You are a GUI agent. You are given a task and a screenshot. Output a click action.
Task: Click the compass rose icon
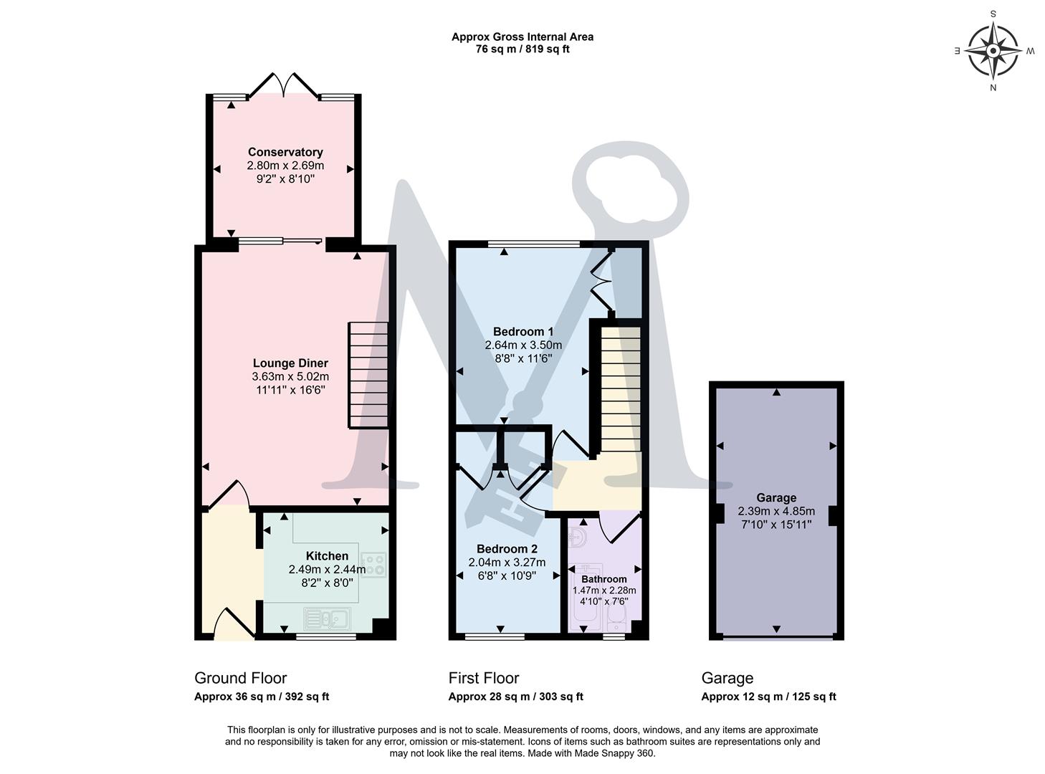[x=993, y=51]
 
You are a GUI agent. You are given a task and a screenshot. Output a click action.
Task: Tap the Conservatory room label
[x=285, y=152]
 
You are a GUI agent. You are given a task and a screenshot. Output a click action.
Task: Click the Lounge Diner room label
[x=290, y=363]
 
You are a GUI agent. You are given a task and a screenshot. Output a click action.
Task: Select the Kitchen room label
[x=327, y=556]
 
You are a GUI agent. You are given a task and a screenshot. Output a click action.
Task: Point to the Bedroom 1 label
[x=523, y=332]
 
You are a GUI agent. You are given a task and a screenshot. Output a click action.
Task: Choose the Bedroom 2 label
[x=507, y=549]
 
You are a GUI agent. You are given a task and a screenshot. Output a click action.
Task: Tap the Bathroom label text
[x=603, y=579]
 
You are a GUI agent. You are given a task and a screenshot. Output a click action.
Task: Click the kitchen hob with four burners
[x=373, y=565]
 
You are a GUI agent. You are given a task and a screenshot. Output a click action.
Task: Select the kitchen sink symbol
[x=326, y=618]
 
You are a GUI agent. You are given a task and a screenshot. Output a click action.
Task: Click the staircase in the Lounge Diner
[x=368, y=375]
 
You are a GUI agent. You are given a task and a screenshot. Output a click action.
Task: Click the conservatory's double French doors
[x=284, y=85]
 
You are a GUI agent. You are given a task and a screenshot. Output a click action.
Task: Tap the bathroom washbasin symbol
[x=578, y=537]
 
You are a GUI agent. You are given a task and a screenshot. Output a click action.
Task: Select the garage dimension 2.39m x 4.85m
[x=776, y=512]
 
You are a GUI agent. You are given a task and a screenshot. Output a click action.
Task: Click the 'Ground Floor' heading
[x=240, y=678]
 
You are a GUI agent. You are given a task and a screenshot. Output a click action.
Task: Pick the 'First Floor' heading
[x=483, y=678]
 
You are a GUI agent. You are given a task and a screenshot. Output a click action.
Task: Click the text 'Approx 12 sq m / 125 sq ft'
[x=768, y=697]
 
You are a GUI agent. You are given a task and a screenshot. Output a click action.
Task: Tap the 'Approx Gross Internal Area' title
[x=522, y=37]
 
